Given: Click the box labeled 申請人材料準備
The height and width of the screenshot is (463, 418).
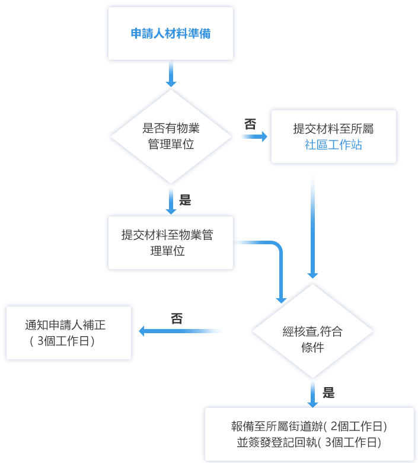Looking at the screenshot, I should tap(171, 34).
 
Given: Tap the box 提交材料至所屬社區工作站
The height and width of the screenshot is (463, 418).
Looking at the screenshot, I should tap(333, 136).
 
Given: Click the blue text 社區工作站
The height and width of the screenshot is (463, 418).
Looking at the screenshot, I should tap(333, 145).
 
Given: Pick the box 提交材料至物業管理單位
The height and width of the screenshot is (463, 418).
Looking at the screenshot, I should tap(170, 242).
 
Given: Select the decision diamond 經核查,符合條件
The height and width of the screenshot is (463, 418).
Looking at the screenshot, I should tap(312, 331).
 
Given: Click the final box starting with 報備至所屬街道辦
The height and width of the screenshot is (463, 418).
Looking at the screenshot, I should tap(308, 433).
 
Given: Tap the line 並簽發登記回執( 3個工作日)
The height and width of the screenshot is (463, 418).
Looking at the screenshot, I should tap(308, 442).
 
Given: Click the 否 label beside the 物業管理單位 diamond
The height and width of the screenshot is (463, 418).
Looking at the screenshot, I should tap(250, 123).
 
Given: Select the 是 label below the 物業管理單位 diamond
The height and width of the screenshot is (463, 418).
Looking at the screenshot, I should tap(186, 200).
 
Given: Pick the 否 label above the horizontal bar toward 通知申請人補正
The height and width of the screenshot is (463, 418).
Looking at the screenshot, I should tap(177, 318).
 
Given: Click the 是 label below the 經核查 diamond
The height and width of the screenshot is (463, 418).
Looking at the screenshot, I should tap(328, 392).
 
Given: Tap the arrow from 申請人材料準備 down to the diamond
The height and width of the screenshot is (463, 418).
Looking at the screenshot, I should tap(171, 74).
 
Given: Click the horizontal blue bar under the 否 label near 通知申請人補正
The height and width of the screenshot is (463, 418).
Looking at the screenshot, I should tap(181, 331).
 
